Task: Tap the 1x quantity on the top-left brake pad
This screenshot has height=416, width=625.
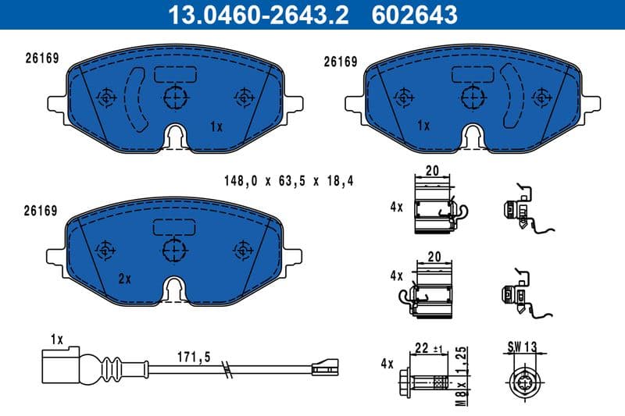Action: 216,126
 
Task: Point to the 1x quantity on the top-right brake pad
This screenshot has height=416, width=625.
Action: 423,126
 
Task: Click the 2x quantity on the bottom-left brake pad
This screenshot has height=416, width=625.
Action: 124,279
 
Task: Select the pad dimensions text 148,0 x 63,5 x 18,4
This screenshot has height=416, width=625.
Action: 288,181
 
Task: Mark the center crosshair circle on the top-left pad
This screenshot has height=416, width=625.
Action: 175,98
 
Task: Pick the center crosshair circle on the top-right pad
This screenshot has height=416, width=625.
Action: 472,98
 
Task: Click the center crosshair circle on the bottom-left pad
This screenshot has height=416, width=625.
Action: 175,250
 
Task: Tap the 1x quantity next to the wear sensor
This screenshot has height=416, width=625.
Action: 55,340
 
